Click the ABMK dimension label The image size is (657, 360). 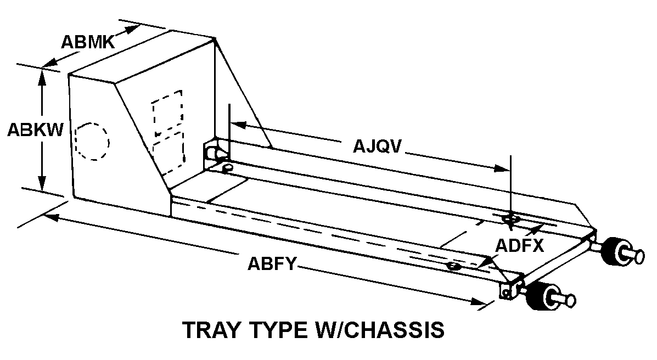click(x=88, y=42)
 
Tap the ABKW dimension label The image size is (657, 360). click(x=35, y=130)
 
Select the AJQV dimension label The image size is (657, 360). click(x=377, y=147)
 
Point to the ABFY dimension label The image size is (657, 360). click(x=272, y=264)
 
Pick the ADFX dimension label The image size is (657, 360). click(x=520, y=246)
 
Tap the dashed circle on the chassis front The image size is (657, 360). click(x=92, y=141)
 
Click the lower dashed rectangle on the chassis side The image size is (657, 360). click(x=169, y=154)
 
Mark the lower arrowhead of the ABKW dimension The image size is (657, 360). click(x=42, y=183)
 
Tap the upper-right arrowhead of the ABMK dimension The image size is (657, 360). click(x=133, y=30)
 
